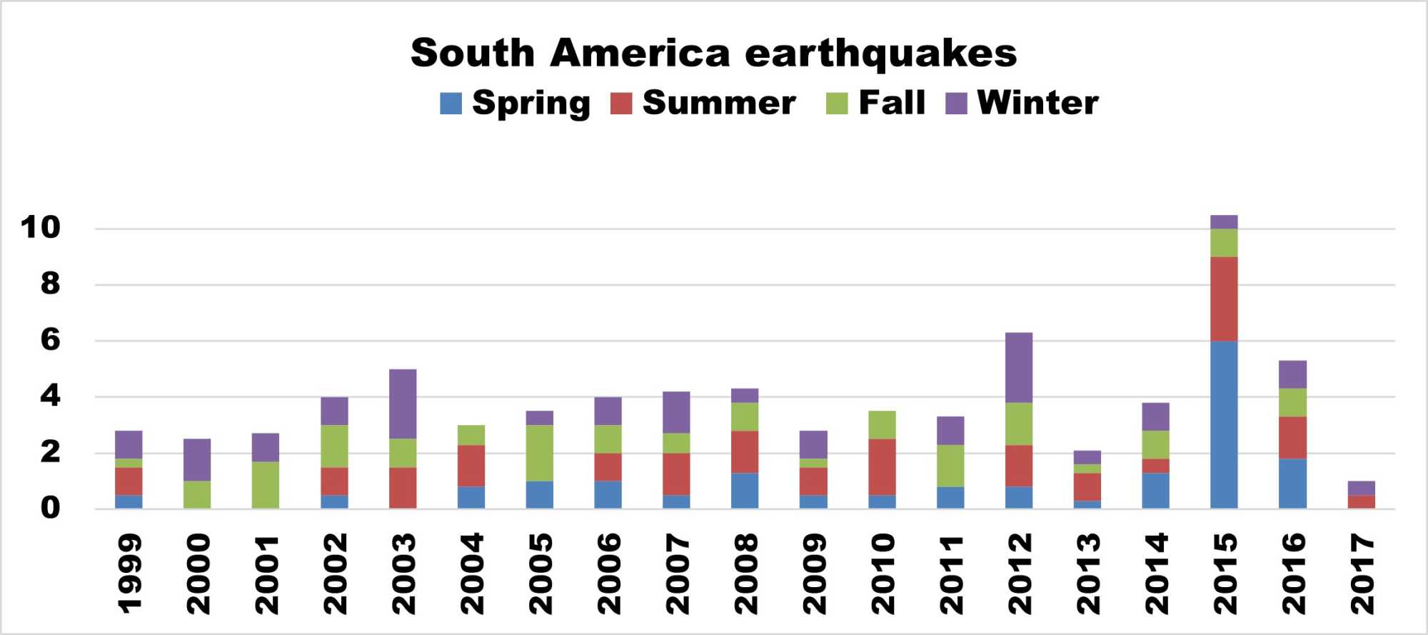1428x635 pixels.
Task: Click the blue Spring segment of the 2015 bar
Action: point(1224,425)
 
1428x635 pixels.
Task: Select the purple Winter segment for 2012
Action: point(1018,368)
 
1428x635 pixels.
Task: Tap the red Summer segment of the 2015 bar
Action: point(1224,299)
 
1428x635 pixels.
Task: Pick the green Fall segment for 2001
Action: point(266,485)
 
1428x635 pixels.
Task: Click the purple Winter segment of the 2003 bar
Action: point(403,404)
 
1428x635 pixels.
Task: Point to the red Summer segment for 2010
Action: point(882,467)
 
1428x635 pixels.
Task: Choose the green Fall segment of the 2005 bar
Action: point(540,453)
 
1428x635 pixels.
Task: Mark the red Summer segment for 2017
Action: point(1361,501)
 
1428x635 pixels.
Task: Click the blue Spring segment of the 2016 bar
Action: point(1292,484)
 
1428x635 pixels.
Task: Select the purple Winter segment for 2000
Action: point(197,460)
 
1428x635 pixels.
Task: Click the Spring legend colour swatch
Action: point(451,104)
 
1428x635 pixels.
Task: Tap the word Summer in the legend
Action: point(719,103)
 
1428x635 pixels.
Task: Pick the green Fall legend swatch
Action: point(837,104)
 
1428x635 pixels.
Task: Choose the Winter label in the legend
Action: point(1037,103)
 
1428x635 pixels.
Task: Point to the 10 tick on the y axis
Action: point(41,228)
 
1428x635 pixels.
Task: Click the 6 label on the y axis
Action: point(50,340)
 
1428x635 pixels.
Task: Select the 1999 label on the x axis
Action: point(129,574)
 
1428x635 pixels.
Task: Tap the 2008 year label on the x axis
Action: point(745,574)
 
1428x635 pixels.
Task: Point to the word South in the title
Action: point(473,54)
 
